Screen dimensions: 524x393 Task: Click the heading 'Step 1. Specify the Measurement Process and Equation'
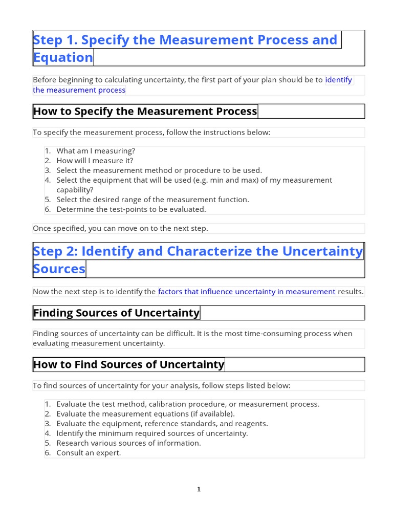(x=185, y=40)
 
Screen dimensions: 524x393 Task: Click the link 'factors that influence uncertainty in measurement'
(x=247, y=292)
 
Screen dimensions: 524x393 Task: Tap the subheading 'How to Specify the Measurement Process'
(x=145, y=111)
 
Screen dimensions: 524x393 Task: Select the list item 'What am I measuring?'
(x=95, y=151)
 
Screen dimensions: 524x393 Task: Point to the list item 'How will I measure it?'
(x=95, y=161)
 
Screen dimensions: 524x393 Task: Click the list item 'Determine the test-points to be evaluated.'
(x=131, y=209)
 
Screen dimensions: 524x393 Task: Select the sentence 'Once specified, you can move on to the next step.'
(x=120, y=228)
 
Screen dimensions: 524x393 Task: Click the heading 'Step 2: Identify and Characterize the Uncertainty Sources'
(x=198, y=251)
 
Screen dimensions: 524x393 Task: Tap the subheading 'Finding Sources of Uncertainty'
(x=116, y=313)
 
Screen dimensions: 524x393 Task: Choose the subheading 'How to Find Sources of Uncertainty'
(x=128, y=364)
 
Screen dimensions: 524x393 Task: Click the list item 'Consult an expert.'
(x=89, y=453)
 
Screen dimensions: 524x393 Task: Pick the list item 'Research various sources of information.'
(x=128, y=443)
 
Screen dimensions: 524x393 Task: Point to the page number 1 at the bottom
(x=199, y=490)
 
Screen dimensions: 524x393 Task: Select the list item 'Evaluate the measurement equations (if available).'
(x=145, y=413)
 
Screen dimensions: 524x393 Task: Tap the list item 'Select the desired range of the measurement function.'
(x=152, y=200)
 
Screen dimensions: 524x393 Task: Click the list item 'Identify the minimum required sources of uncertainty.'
(x=152, y=433)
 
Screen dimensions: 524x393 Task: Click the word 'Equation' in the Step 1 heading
(x=63, y=57)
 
